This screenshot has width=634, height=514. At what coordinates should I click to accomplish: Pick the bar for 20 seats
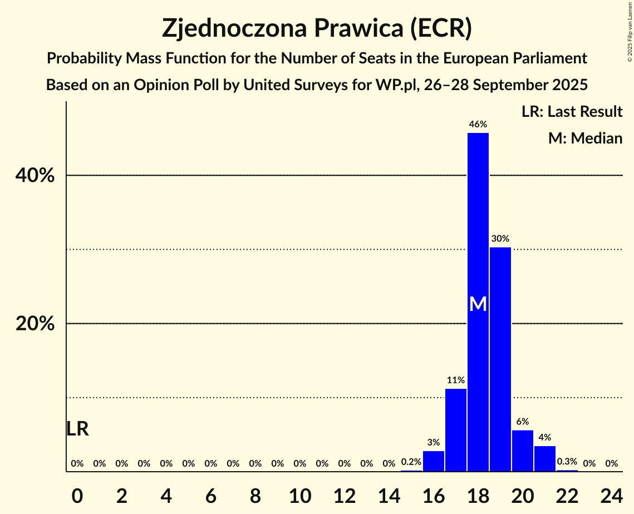click(x=523, y=451)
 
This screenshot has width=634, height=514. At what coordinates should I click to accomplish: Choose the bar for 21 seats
click(x=545, y=458)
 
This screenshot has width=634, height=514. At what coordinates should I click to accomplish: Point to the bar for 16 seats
click(x=434, y=461)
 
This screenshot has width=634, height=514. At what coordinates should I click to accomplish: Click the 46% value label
click(x=478, y=124)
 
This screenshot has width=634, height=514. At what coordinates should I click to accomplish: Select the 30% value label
click(x=500, y=239)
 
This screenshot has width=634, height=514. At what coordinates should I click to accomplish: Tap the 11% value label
click(x=456, y=380)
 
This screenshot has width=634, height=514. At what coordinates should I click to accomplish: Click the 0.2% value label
click(x=411, y=462)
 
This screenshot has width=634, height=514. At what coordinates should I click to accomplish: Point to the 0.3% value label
click(x=567, y=462)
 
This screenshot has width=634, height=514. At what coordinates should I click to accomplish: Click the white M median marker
click(x=478, y=304)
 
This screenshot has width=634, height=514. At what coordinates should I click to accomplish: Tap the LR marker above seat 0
click(x=77, y=429)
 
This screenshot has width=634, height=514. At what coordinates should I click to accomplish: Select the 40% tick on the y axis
click(x=35, y=176)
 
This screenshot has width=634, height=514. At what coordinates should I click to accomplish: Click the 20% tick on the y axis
click(x=35, y=324)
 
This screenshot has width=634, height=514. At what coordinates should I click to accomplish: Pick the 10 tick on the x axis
click(x=300, y=494)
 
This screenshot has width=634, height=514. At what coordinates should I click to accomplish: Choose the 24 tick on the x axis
click(x=611, y=494)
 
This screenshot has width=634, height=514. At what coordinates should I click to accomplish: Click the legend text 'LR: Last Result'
click(x=572, y=112)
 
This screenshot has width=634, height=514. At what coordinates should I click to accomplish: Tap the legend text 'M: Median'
click(x=585, y=138)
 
